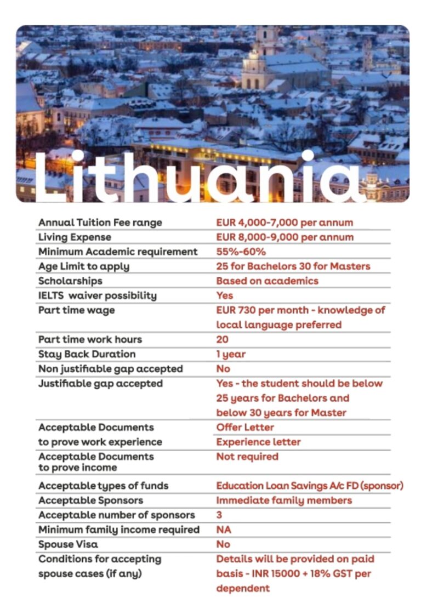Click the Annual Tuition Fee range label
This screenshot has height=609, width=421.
pyautogui.click(x=100, y=223)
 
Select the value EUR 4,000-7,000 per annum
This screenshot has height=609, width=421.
pyautogui.click(x=285, y=223)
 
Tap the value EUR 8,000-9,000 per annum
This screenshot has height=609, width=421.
pyautogui.click(x=285, y=237)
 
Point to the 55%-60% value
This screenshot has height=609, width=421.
pyautogui.click(x=241, y=252)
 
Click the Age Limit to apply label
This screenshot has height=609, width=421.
pyautogui.click(x=84, y=266)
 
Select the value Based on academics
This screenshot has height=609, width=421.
pyautogui.click(x=267, y=281)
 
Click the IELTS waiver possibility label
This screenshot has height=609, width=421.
pyautogui.click(x=97, y=295)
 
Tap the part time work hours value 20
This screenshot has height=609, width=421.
pyautogui.click(x=222, y=339)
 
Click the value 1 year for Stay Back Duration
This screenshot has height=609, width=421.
pyautogui.click(x=231, y=354)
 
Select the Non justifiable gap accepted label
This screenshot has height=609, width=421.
pyautogui.click(x=110, y=369)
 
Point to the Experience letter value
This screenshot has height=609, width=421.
pyautogui.click(x=258, y=442)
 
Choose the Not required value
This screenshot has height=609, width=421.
pyautogui.click(x=247, y=457)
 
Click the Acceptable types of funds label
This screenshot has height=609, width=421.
pyautogui.click(x=103, y=486)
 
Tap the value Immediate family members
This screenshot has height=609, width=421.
pyautogui.click(x=284, y=500)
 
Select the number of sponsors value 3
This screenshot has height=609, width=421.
pyautogui.click(x=219, y=515)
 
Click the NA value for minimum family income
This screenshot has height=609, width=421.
pyautogui.click(x=224, y=530)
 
